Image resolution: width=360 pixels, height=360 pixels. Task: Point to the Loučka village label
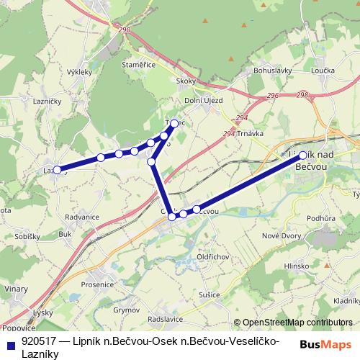coord(324,71)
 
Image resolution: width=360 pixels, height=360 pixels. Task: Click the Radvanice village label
coord(81,217)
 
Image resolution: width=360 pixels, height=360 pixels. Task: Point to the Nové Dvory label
coord(281,237)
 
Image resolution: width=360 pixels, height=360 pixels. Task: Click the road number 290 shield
coord(125,30)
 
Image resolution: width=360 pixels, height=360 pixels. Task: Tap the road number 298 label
coord(302,95)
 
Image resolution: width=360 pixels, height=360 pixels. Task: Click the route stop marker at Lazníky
coord(57,171)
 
